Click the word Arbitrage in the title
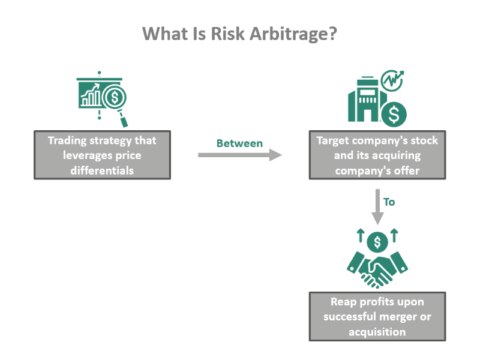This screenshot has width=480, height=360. click(x=280, y=33)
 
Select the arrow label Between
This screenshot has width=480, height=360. click(x=239, y=143)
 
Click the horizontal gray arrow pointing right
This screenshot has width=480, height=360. click(x=239, y=155)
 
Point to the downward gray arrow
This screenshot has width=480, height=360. click(x=377, y=207)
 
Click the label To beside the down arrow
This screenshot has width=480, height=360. click(x=389, y=202)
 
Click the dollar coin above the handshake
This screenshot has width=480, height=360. click(x=377, y=241)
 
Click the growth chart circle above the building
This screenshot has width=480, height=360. click(x=394, y=79)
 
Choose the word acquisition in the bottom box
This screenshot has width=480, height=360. click(x=377, y=332)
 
